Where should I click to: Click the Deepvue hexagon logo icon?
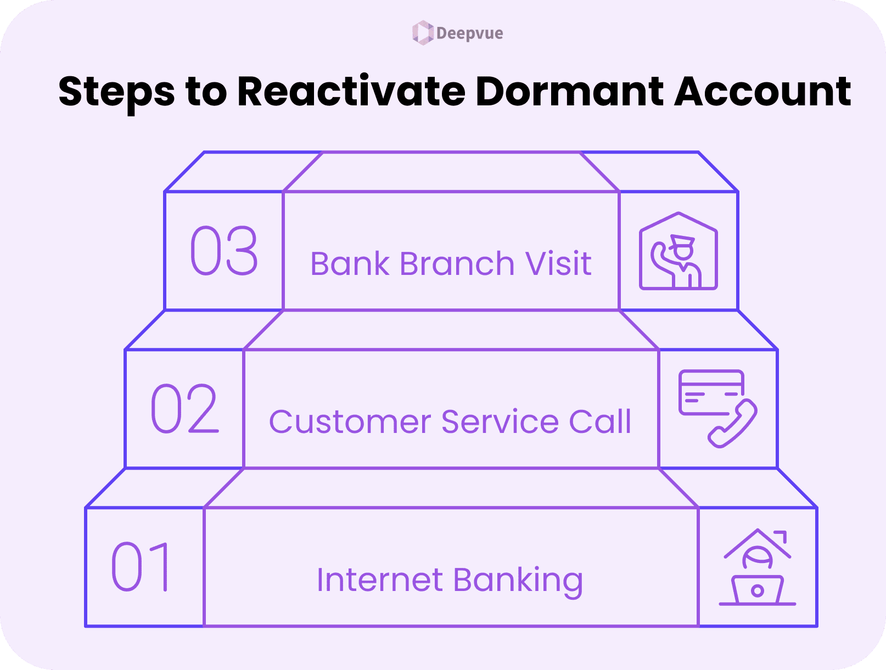[423, 33]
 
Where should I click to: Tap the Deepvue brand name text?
[469, 33]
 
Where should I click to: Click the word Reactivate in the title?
[351, 92]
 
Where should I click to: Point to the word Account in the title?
[762, 92]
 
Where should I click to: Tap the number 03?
[224, 251]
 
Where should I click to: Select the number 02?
[184, 409]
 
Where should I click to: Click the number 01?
[142, 567]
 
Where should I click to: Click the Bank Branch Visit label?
[451, 263]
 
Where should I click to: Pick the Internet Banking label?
[450, 580]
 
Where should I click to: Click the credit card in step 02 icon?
[710, 392]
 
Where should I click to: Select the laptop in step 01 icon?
[758, 590]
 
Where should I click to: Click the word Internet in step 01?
[379, 580]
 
